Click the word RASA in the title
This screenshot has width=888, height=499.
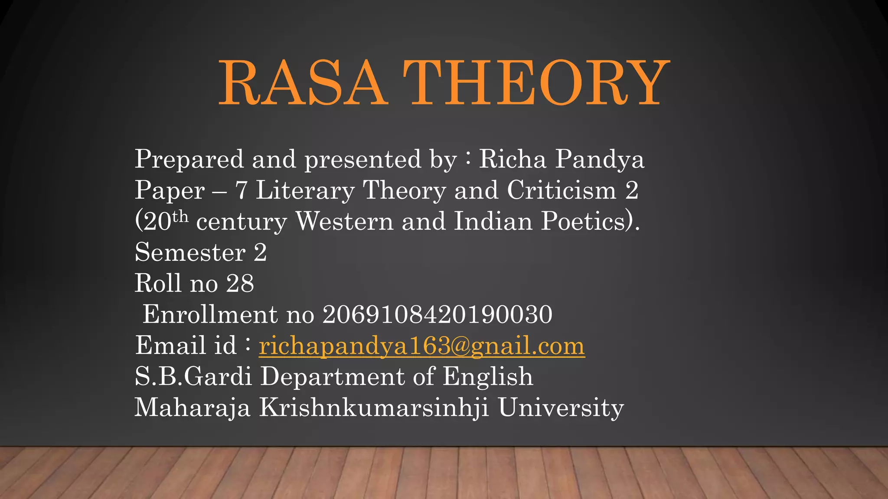click(302, 83)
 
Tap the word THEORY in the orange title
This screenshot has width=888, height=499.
click(536, 83)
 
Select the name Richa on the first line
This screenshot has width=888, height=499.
click(512, 159)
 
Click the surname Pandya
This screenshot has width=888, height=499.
click(600, 159)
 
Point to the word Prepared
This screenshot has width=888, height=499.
click(189, 159)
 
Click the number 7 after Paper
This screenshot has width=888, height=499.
click(241, 191)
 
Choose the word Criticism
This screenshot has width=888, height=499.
click(562, 191)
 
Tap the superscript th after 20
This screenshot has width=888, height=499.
click(180, 216)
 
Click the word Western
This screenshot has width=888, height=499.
click(344, 221)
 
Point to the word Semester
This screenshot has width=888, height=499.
click(190, 253)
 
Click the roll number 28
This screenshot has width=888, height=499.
click(240, 284)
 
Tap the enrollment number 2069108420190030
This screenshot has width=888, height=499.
click(437, 314)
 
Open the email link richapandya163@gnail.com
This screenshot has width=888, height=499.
click(421, 346)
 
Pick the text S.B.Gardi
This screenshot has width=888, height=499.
click(193, 376)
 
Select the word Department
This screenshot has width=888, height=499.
click(332, 376)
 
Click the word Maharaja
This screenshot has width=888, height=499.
click(193, 408)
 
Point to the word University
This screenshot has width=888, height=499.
click(561, 408)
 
